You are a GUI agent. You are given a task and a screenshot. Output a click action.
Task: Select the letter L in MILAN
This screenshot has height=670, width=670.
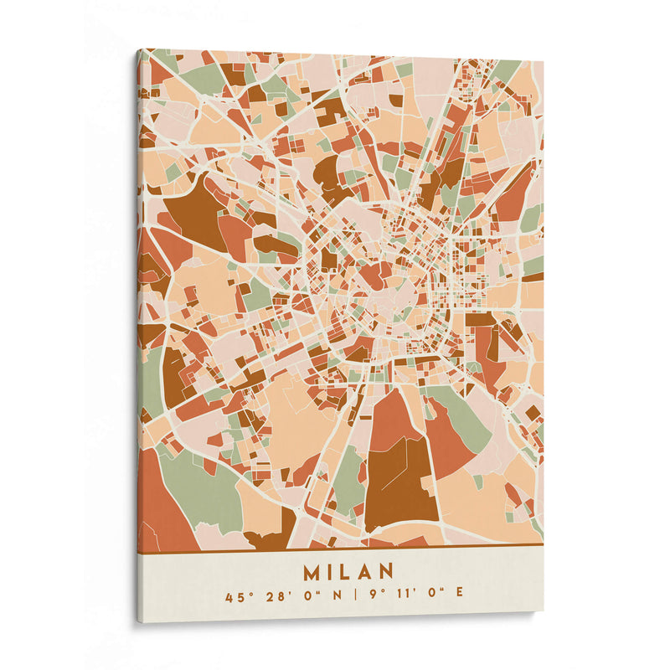[347, 572]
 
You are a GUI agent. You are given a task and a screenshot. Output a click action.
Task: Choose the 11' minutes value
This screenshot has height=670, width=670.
[401, 598]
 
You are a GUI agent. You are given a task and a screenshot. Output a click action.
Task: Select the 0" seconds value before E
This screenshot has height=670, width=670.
[432, 598]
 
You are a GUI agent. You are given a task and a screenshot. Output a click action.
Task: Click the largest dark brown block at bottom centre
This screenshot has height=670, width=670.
[399, 486]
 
